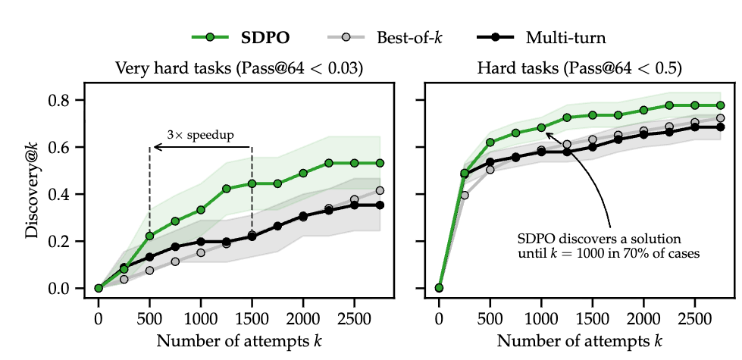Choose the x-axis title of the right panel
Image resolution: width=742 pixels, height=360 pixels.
click(580, 340)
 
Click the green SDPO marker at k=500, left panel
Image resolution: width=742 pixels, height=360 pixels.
click(149, 236)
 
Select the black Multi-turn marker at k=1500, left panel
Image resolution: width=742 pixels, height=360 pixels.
click(252, 236)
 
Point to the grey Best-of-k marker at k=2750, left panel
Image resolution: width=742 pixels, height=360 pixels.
click(380, 190)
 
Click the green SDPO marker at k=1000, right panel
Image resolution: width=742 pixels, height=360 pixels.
click(541, 127)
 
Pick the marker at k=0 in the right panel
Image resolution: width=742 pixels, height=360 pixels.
click(439, 288)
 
